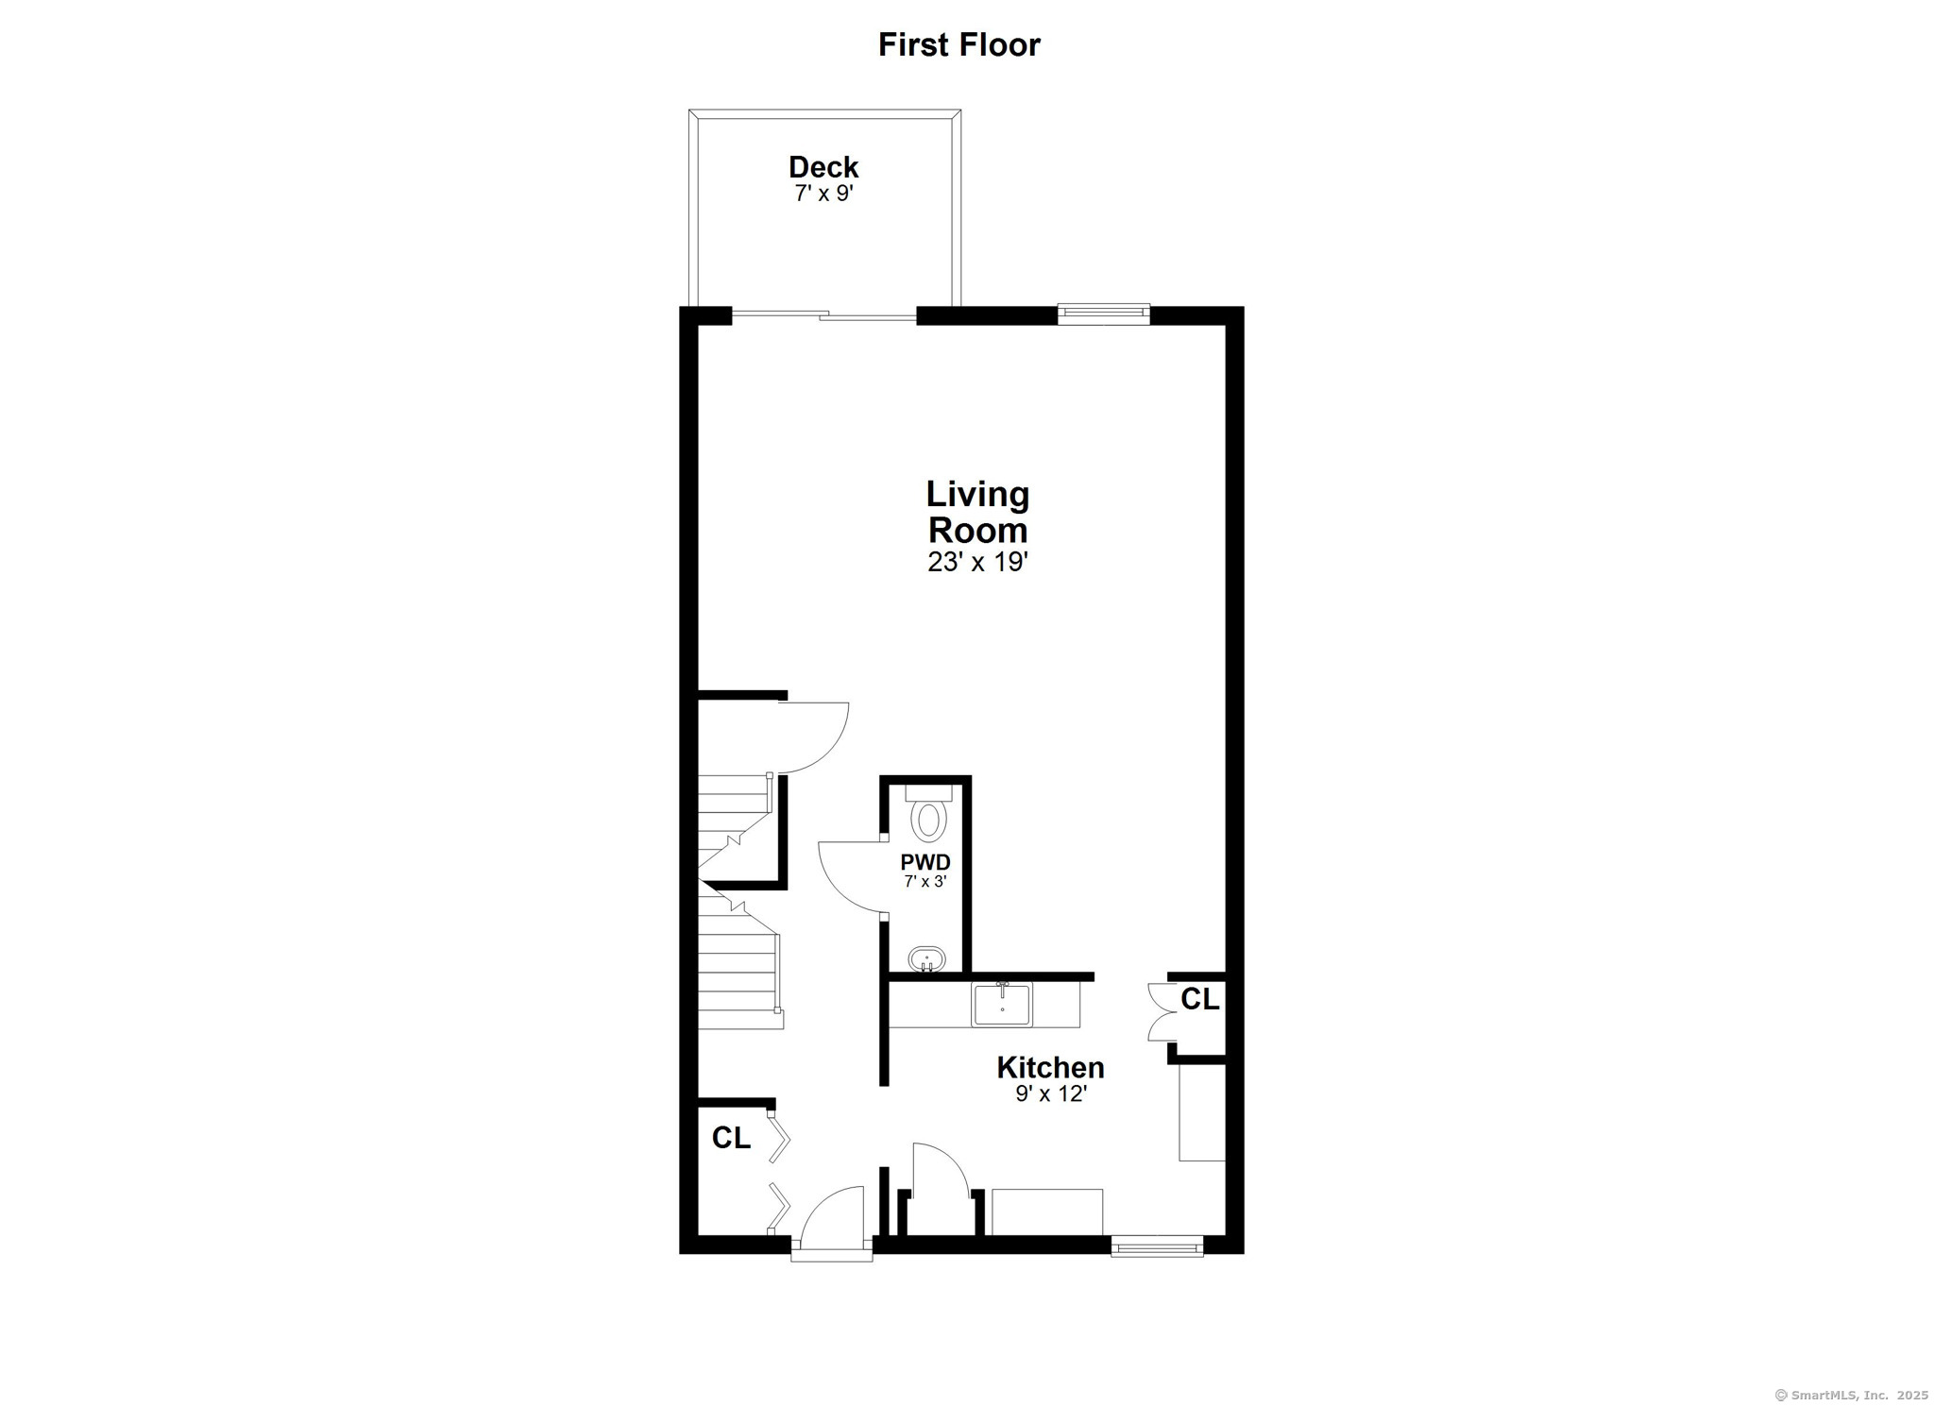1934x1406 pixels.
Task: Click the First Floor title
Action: pyautogui.click(x=959, y=44)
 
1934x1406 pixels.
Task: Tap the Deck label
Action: pyautogui.click(x=823, y=167)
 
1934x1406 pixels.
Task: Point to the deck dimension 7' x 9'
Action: pyautogui.click(x=824, y=195)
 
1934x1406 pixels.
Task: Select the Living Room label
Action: pyautogui.click(x=977, y=512)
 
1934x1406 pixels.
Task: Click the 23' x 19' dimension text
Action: pyautogui.click(x=977, y=563)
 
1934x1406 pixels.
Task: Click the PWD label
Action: pyautogui.click(x=925, y=862)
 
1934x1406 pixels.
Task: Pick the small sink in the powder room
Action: pyautogui.click(x=926, y=960)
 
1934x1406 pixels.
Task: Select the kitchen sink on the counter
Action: pyautogui.click(x=1002, y=1004)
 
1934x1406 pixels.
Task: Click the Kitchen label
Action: pyautogui.click(x=1050, y=1068)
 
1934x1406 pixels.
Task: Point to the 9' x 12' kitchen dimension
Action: pyautogui.click(x=1051, y=1094)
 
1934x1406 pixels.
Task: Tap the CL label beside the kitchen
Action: pyautogui.click(x=1200, y=999)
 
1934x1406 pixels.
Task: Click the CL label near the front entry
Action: pyautogui.click(x=731, y=1139)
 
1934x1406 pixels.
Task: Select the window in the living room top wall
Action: pyautogui.click(x=1103, y=313)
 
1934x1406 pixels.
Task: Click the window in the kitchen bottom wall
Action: pyautogui.click(x=1157, y=1246)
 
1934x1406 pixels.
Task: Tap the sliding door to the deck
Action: pyautogui.click(x=823, y=316)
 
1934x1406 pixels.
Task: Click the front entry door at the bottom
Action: pyautogui.click(x=831, y=1224)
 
